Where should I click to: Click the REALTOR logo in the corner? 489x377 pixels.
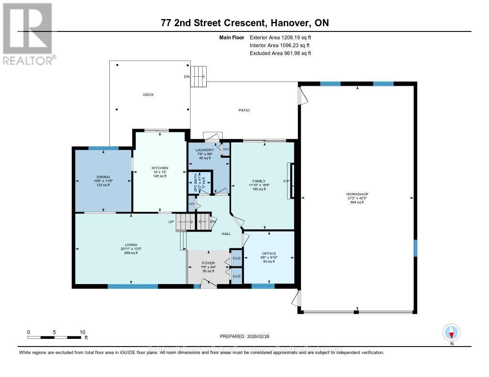coord(28,33)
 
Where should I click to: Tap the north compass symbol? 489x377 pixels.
coord(451,332)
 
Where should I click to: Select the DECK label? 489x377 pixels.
coord(149,95)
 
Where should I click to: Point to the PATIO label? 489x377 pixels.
coord(244,110)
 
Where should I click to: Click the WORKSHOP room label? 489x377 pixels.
coord(357,194)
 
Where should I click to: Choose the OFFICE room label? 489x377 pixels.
coord(269,253)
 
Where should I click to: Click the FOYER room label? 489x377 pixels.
coord(208,263)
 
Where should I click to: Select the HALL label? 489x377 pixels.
coord(226,234)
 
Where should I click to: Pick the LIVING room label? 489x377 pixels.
coord(131,245)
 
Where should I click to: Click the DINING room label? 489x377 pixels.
coord(103,177)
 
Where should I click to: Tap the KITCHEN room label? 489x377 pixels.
coord(159,168)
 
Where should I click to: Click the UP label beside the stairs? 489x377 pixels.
coord(170,222)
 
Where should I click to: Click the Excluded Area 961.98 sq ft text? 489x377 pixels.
coord(280,53)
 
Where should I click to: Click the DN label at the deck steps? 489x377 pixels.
coord(187,77)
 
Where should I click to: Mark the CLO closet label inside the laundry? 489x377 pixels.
coord(226,149)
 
